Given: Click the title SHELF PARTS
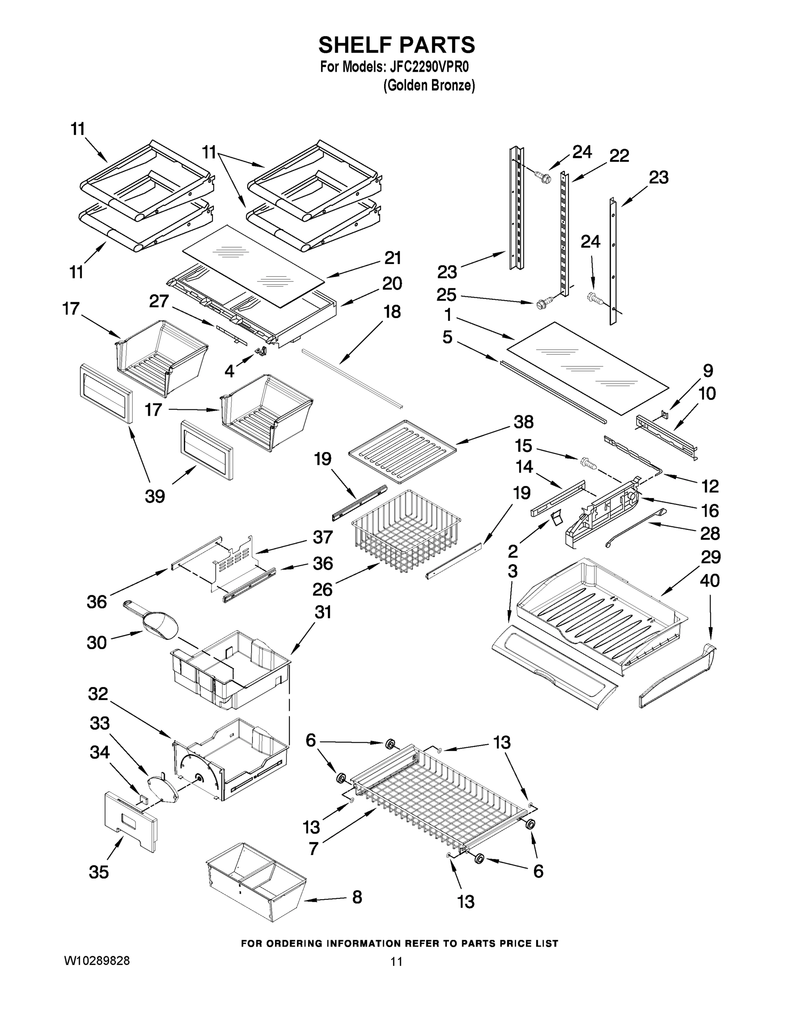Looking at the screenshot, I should click(396, 45).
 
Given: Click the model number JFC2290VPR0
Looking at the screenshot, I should click(428, 67).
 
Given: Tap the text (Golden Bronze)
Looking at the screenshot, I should click(429, 85).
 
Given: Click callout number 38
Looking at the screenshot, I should click(523, 422).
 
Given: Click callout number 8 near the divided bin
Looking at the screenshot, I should click(357, 897).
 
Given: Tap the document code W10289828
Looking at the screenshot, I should click(96, 961).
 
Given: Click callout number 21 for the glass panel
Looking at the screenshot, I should click(392, 258).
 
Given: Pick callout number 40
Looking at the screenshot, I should click(709, 581).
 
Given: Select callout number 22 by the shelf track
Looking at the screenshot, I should click(619, 156).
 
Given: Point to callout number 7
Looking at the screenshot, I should click(314, 848).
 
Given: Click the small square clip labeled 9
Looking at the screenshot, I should click(665, 414).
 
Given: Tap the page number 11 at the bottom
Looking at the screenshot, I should click(396, 961).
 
